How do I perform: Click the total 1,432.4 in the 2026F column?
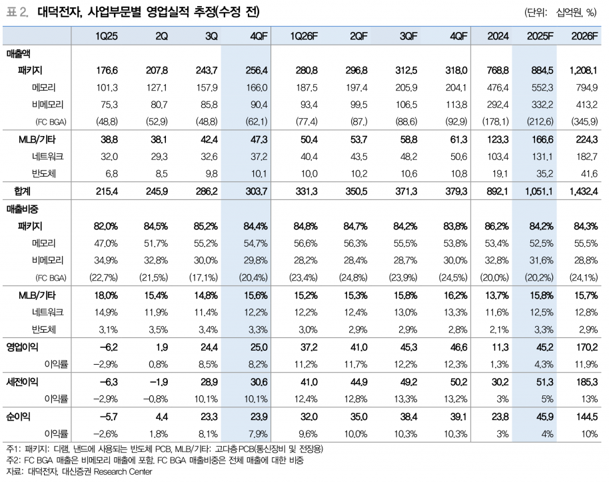point(582,191)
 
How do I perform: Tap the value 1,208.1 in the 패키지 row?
point(582,70)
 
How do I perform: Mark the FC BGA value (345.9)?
point(583,121)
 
